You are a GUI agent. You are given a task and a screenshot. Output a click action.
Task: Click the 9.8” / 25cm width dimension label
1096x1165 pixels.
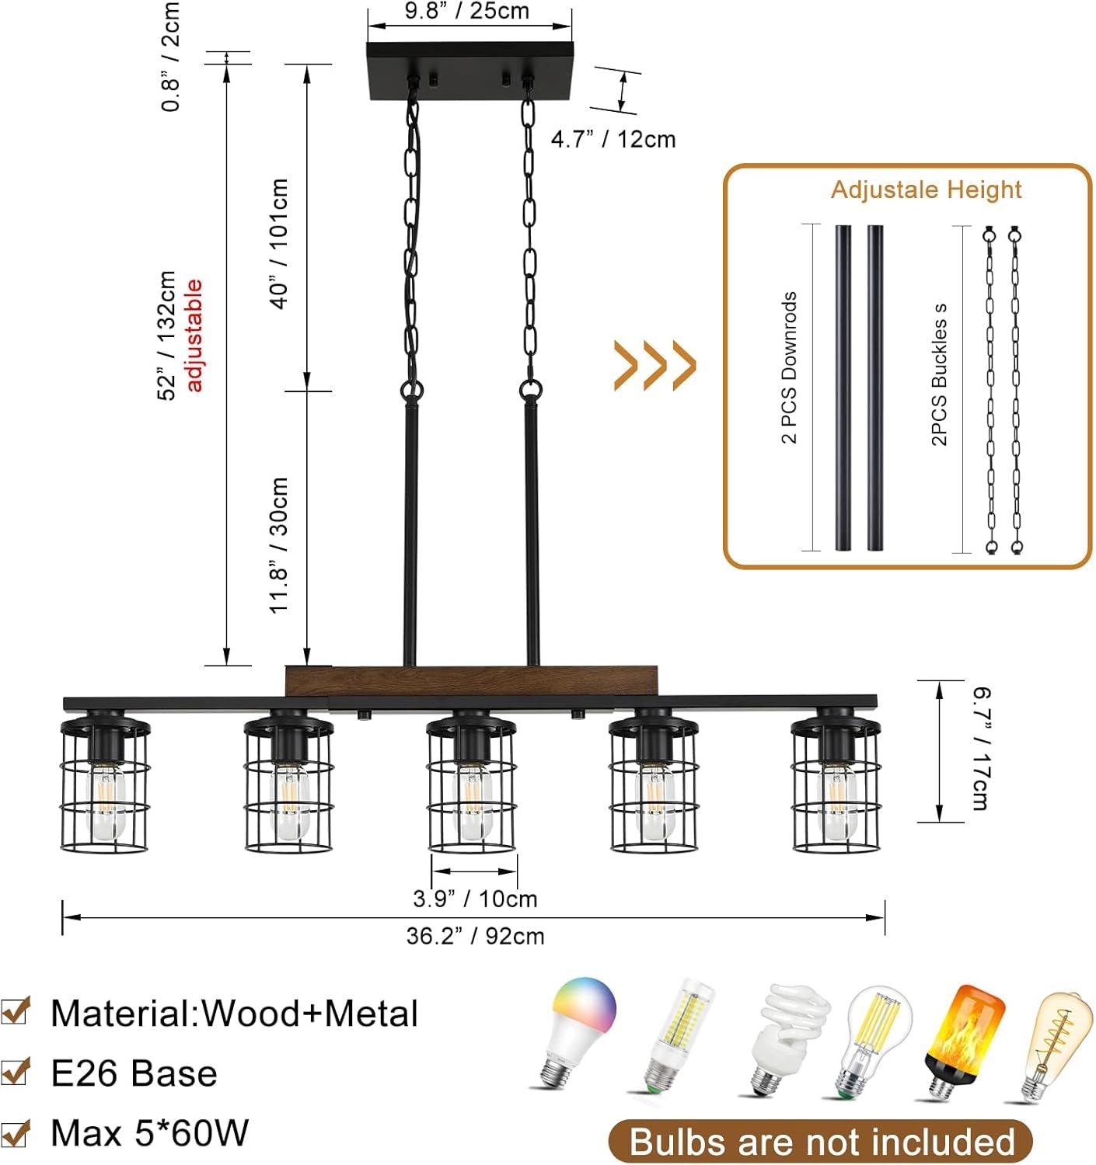click(x=466, y=12)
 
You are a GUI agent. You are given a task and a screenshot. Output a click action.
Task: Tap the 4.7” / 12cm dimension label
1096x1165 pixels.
click(x=613, y=140)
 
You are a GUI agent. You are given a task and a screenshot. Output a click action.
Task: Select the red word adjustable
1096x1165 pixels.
click(x=194, y=335)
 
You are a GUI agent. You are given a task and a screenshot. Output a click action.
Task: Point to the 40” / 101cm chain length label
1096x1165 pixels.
click(x=279, y=244)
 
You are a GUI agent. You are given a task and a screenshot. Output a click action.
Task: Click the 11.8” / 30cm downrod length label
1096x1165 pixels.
click(x=279, y=545)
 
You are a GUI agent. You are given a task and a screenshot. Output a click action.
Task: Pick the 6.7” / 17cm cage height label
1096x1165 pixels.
click(x=981, y=748)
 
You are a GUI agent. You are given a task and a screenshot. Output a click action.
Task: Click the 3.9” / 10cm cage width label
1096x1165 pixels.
click(x=475, y=899)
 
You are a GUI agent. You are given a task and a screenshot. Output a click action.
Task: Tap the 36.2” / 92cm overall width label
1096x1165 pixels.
click(x=475, y=937)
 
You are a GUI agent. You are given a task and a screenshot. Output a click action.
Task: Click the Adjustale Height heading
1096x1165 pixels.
click(x=926, y=190)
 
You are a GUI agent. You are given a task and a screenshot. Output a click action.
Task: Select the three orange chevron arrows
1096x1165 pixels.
click(x=654, y=365)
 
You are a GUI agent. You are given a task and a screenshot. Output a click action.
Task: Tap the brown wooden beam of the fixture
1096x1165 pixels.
click(x=471, y=681)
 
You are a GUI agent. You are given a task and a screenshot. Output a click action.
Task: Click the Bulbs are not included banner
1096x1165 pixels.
click(x=821, y=1142)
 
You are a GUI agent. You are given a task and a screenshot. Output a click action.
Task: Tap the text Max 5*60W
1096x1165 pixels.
click(x=149, y=1133)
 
